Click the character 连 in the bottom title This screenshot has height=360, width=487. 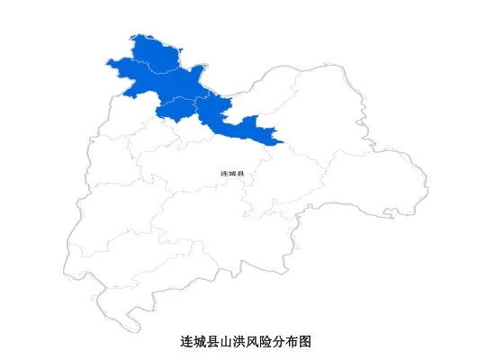pos(187,342)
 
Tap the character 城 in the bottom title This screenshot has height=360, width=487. pos(200,342)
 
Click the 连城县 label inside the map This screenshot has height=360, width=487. pos(232,173)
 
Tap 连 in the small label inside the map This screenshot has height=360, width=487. pos(224,173)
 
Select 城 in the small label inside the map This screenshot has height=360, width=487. pos(232,173)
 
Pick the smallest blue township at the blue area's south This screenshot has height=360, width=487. pos(175,108)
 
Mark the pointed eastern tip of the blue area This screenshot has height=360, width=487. pos(283,141)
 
